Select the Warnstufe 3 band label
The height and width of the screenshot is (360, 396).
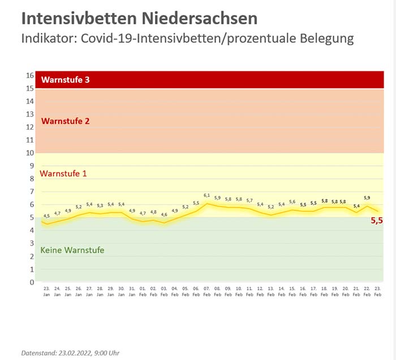coord(66,80)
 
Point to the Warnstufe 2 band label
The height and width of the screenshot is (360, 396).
coord(66,121)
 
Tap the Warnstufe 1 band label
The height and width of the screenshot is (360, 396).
coord(63,173)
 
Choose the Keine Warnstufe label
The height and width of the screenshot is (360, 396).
coord(72,250)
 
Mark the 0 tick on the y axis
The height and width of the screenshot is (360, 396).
coord(32,282)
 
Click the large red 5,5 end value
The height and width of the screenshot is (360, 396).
coord(377,221)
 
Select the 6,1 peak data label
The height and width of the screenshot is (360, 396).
coord(206,195)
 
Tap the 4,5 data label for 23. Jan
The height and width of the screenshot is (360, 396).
coord(46,216)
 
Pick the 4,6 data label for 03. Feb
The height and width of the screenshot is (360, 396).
coord(164,215)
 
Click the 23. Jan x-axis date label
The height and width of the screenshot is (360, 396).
coord(46,292)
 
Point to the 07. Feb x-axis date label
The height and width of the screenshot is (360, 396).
coord(206,292)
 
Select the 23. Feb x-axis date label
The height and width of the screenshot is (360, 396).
coord(377,292)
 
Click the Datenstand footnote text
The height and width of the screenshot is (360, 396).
coord(70,353)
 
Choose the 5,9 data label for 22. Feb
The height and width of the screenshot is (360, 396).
coord(367,198)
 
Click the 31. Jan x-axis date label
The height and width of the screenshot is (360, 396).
coord(132,292)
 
